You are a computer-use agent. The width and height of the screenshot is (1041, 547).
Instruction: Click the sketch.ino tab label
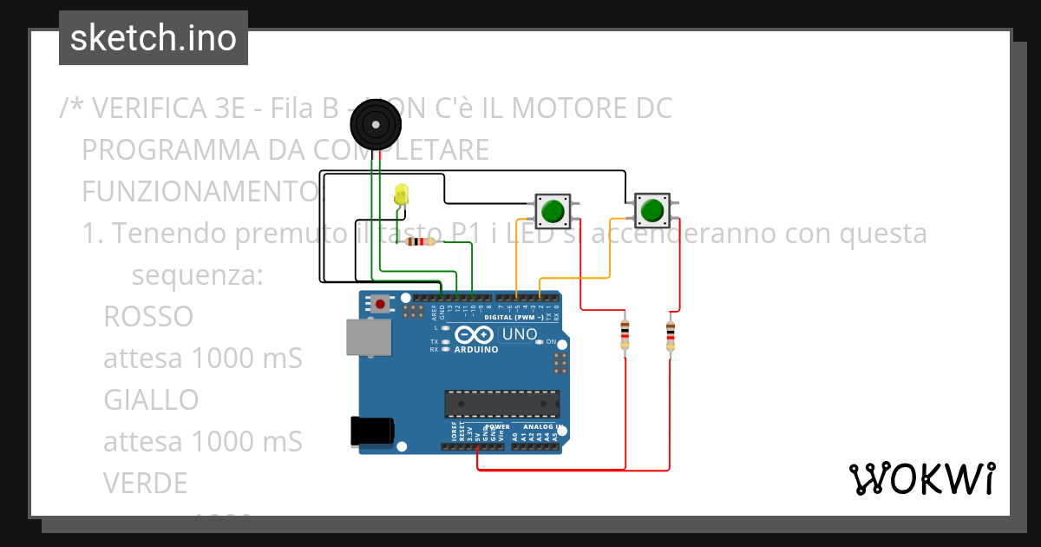tap(153, 38)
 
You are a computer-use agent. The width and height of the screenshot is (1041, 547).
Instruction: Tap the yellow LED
tap(401, 195)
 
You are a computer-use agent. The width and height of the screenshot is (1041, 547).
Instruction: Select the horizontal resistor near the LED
tap(421, 242)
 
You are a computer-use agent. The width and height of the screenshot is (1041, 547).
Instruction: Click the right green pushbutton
tap(651, 209)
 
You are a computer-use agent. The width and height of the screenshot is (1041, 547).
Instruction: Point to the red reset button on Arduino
tap(380, 304)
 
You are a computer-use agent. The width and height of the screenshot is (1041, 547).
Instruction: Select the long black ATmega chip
tap(501, 403)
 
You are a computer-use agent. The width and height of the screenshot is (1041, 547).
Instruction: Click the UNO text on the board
tap(520, 334)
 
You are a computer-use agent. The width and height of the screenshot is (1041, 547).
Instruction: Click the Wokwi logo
tap(921, 478)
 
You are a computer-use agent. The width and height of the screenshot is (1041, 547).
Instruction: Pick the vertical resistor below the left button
tap(625, 335)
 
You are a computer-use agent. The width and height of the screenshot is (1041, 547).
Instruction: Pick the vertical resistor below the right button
tap(670, 336)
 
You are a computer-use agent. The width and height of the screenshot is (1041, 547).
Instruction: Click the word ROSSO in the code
tap(148, 317)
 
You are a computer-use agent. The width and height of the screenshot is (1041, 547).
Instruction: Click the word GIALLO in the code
tap(151, 399)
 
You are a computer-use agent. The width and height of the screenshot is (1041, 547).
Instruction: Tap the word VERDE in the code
tap(145, 482)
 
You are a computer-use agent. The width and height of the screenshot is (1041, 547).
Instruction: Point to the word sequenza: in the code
tap(197, 276)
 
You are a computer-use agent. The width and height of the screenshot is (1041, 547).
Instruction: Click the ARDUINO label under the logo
tap(476, 349)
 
